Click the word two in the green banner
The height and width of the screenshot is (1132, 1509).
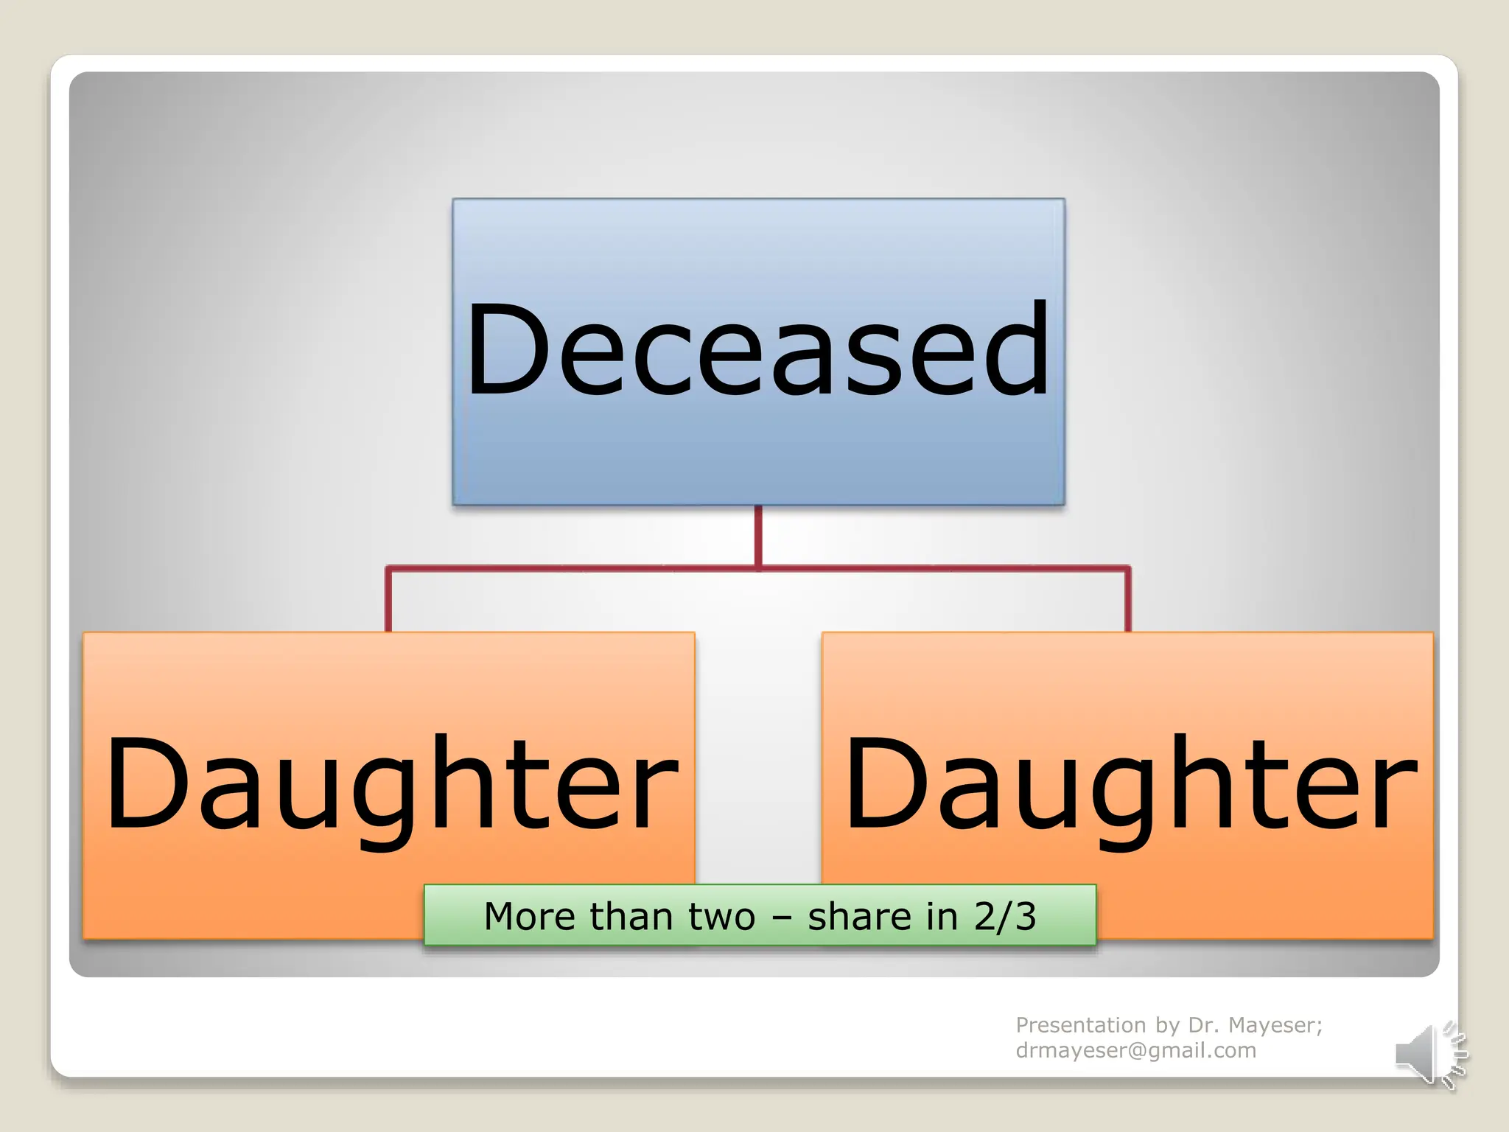coord(721,917)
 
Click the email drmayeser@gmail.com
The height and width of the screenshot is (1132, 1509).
coord(1135,1050)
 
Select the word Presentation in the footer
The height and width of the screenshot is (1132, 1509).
coord(1080,1025)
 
